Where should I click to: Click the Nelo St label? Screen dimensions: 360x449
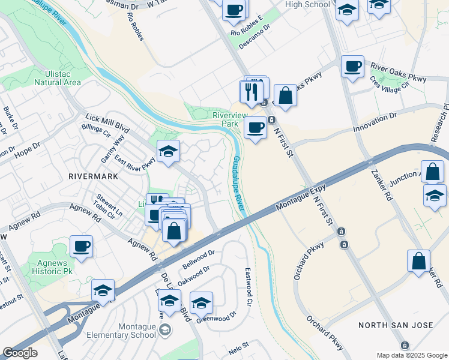pos(238,346)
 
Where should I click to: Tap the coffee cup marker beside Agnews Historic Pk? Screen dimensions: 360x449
pos(82,246)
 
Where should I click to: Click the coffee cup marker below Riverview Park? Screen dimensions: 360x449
pos(255,128)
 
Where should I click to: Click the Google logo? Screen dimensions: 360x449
pos(20,353)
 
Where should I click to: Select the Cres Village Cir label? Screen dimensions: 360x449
pos(388,83)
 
